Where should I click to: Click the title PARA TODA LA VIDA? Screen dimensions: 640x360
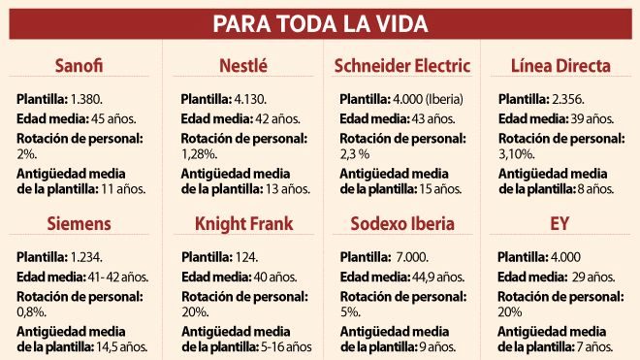click(320, 23)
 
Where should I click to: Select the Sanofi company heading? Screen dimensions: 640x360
click(79, 65)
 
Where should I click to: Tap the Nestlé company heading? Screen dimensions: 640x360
click(243, 65)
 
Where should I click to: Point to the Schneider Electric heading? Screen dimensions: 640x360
click(402, 65)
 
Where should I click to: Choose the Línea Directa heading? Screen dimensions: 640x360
click(560, 65)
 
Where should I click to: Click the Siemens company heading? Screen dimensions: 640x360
click(79, 223)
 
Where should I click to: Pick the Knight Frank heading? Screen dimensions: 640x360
click(244, 224)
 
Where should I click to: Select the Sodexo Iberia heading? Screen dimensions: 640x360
click(402, 223)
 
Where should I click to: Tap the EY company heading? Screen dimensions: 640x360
click(560, 223)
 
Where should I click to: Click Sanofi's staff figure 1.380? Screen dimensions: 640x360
click(86, 99)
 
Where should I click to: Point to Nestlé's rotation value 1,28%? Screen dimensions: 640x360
click(199, 154)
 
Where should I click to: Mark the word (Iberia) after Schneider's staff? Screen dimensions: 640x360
click(444, 99)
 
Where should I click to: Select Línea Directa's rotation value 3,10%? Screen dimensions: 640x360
click(516, 154)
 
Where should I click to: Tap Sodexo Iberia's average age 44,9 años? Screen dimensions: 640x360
click(438, 278)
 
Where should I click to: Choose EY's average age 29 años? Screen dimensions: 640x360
click(593, 278)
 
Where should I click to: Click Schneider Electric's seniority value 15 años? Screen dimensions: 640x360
click(441, 189)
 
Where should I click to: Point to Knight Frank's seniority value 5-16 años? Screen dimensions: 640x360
click(286, 347)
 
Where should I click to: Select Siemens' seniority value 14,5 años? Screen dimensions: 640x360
click(122, 347)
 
